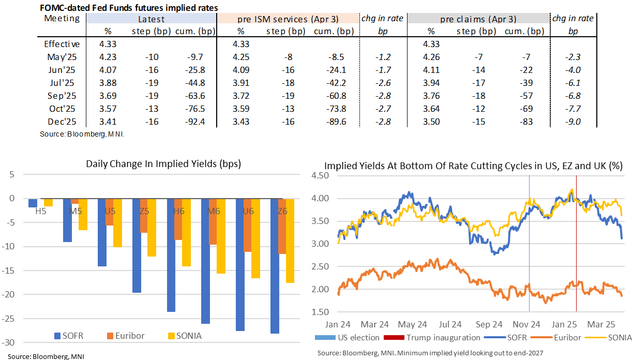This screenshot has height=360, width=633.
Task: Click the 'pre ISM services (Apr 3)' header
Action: pos(288,19)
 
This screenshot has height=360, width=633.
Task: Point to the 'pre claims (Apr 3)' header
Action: pos(478,19)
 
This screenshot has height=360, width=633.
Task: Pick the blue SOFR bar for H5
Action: pos(33,203)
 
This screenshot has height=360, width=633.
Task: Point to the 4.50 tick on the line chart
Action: pos(321,175)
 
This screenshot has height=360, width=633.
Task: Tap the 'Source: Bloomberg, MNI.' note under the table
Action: pos(82,134)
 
